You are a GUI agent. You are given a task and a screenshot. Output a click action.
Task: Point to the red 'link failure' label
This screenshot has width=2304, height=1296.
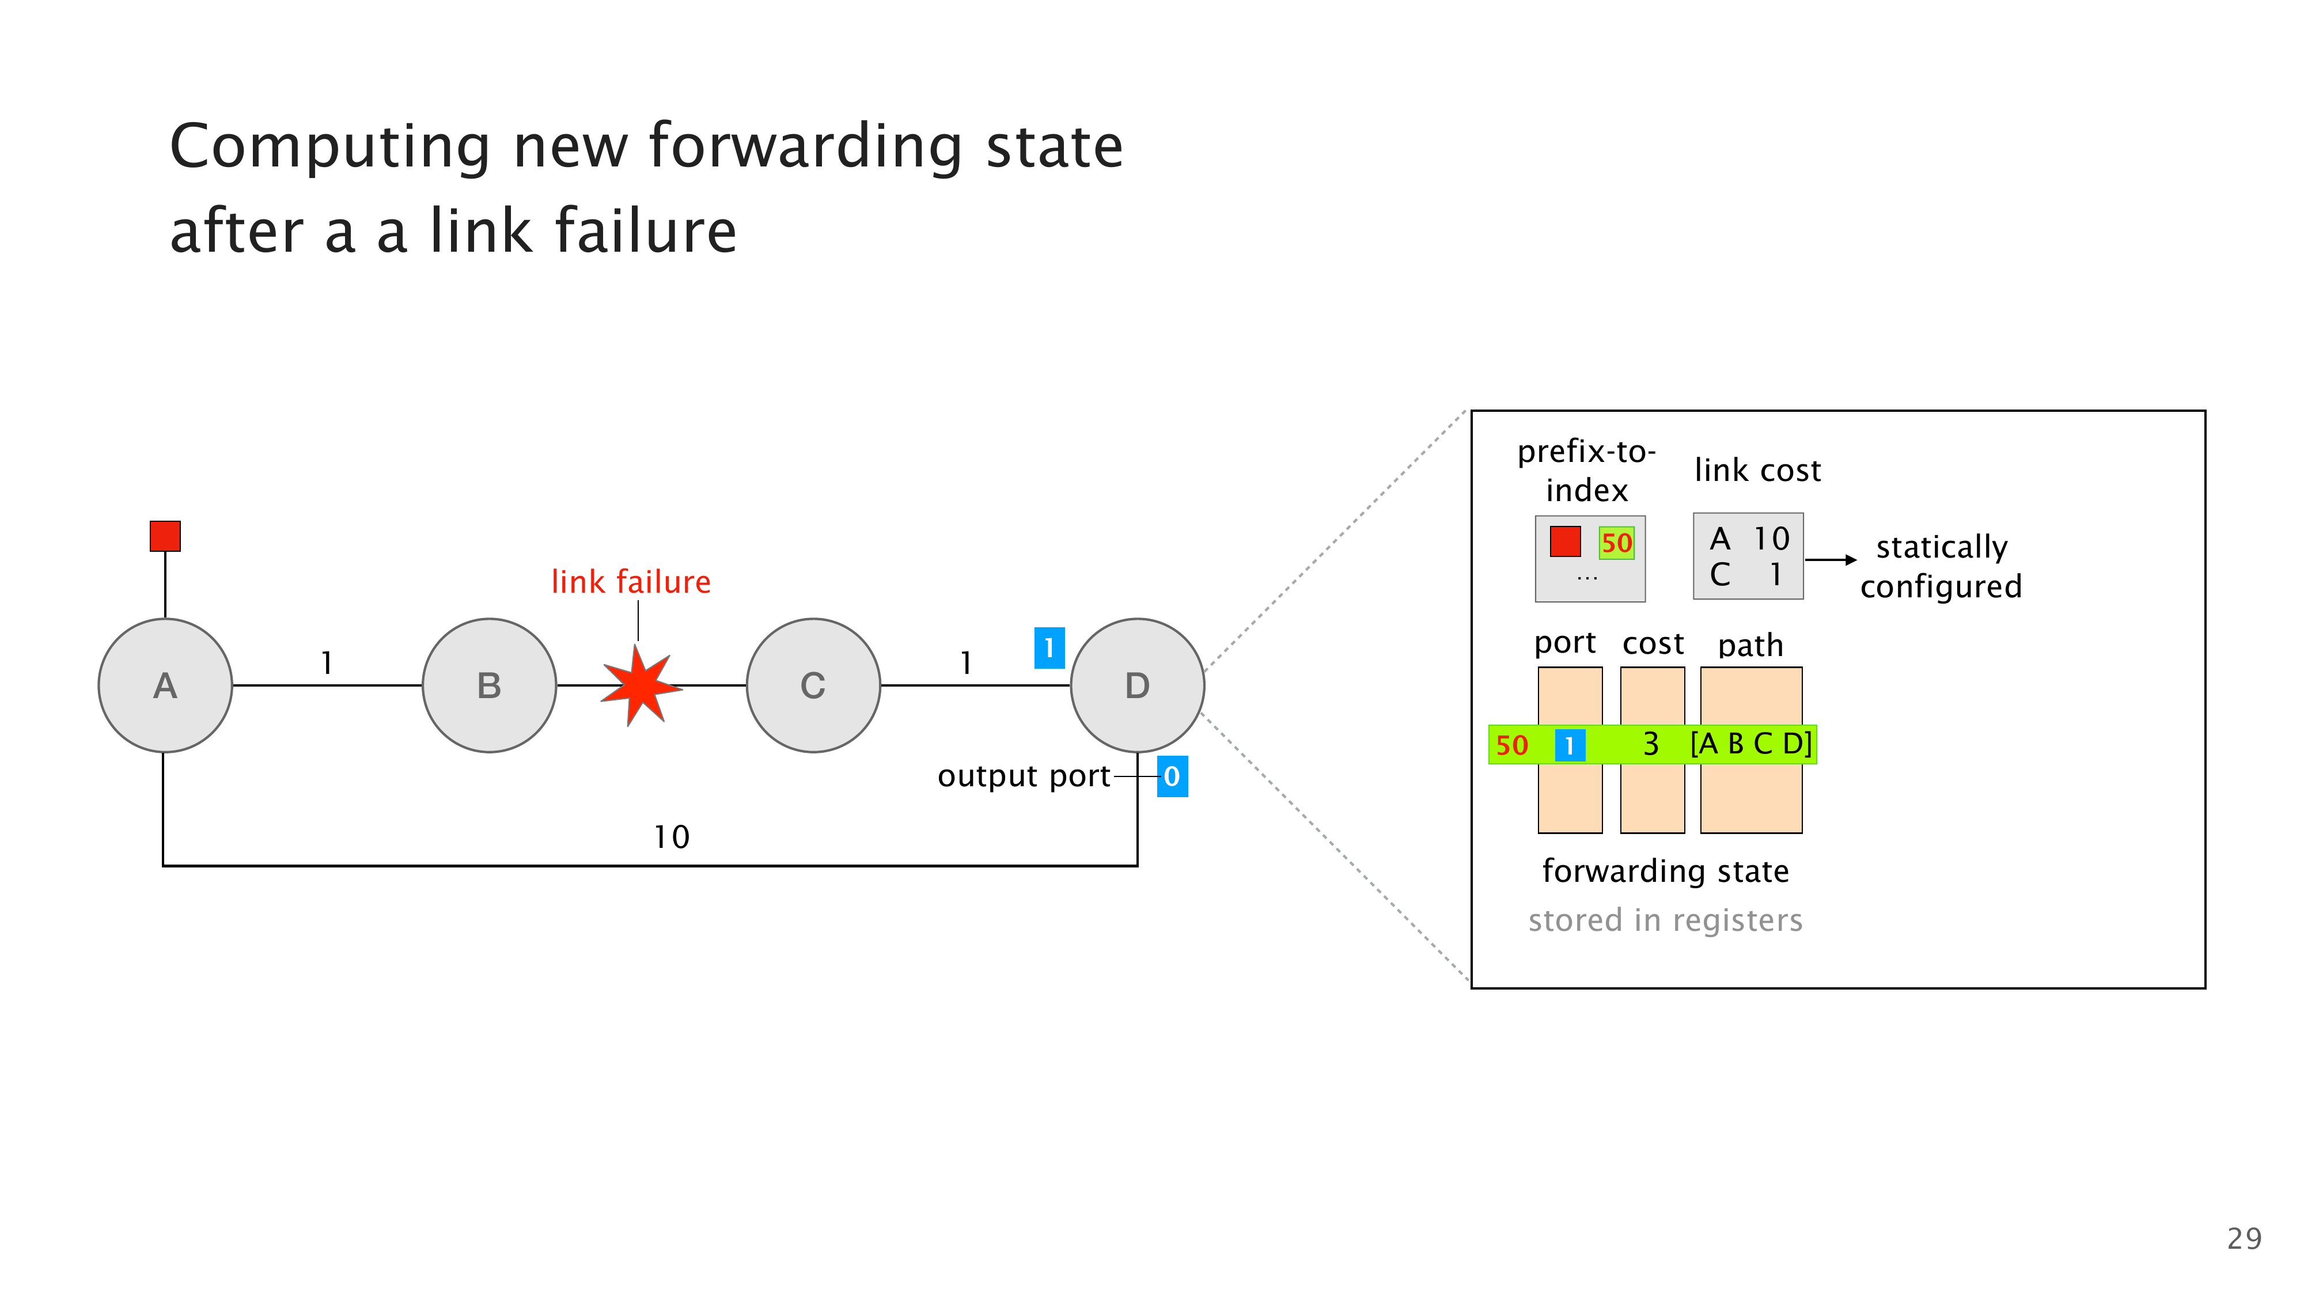631,582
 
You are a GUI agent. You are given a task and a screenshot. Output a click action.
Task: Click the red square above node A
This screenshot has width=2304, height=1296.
165,537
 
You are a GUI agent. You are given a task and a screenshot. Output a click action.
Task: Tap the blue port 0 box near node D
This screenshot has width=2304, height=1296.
1172,776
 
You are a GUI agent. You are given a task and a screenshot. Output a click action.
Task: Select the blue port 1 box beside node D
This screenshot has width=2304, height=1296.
1049,647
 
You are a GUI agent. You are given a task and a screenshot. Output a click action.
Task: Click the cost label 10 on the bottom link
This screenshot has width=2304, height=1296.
672,837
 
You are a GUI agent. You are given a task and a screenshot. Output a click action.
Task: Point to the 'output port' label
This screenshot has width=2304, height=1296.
1023,776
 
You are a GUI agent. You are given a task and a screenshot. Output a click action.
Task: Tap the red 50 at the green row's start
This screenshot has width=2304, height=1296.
1511,745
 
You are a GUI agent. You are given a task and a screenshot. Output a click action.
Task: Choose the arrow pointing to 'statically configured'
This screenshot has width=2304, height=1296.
1831,560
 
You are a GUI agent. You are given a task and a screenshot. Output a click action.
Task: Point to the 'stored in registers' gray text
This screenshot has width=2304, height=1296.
1665,920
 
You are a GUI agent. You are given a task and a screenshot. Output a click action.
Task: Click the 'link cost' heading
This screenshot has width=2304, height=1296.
1757,471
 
